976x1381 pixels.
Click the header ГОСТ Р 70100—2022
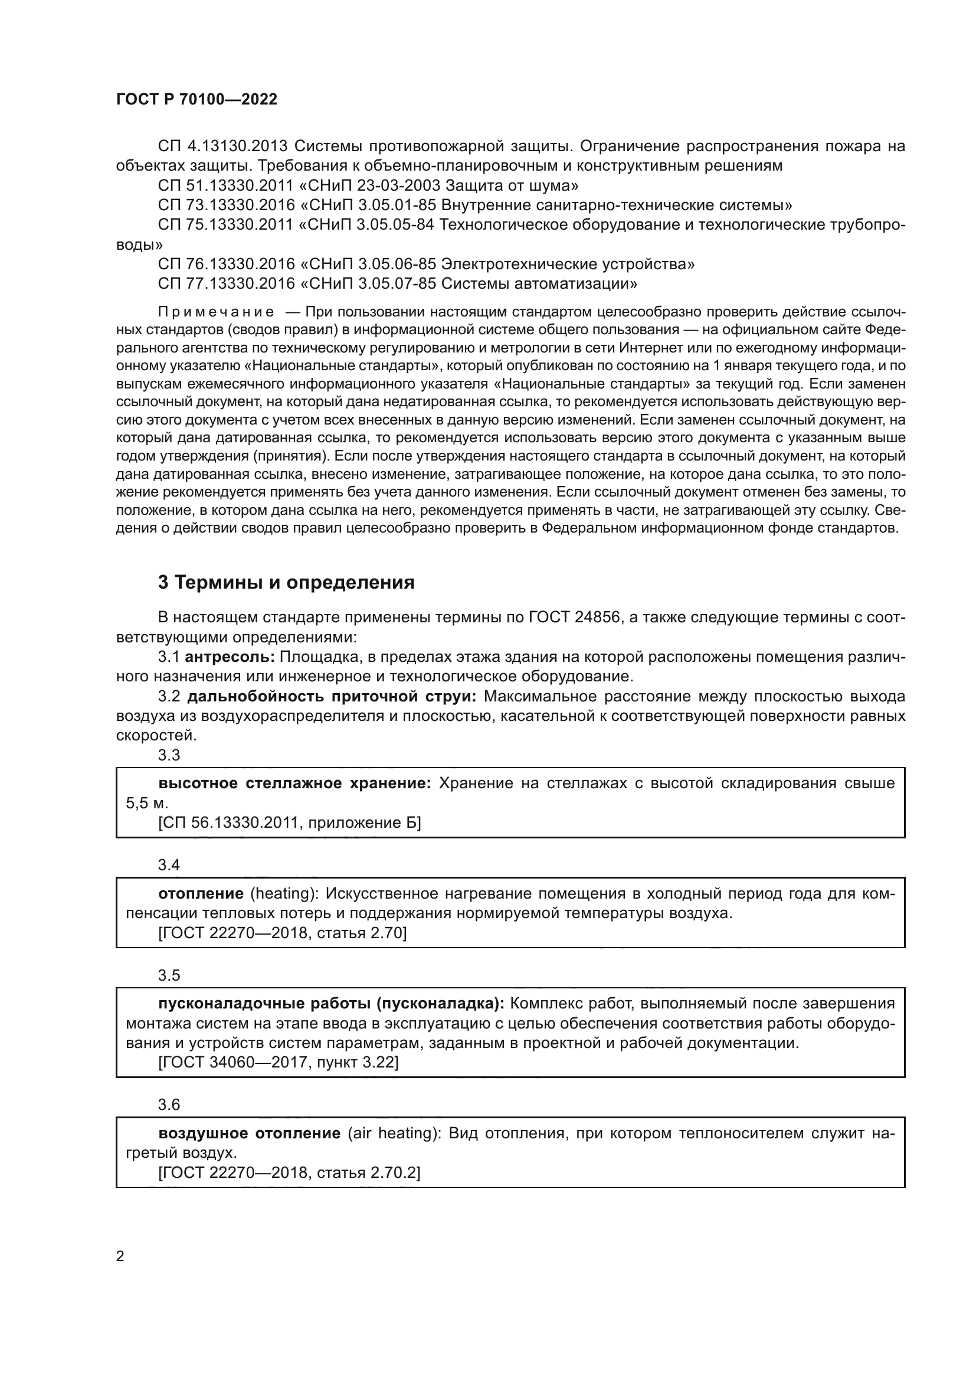(196, 100)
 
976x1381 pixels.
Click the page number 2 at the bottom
(120, 1256)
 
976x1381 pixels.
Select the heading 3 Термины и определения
(286, 582)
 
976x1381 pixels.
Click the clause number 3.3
(169, 756)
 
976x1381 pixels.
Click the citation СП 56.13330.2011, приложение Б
(289, 823)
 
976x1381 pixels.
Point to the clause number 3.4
(169, 865)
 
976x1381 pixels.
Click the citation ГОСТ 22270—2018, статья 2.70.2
(289, 1173)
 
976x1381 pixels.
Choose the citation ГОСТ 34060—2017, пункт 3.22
(279, 1062)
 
